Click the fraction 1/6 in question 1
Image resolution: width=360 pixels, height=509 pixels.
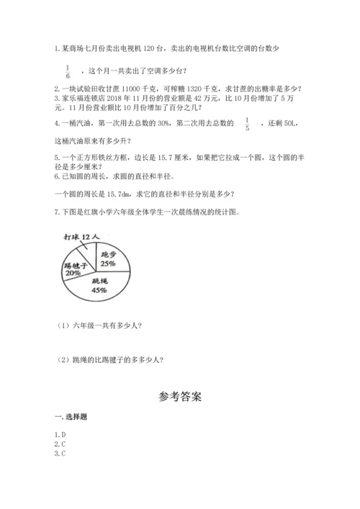68,70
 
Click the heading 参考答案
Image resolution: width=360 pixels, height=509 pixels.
179,396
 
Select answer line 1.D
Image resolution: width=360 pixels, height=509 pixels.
60,435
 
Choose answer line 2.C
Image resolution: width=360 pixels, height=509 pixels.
60,444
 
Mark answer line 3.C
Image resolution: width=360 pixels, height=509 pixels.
60,454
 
